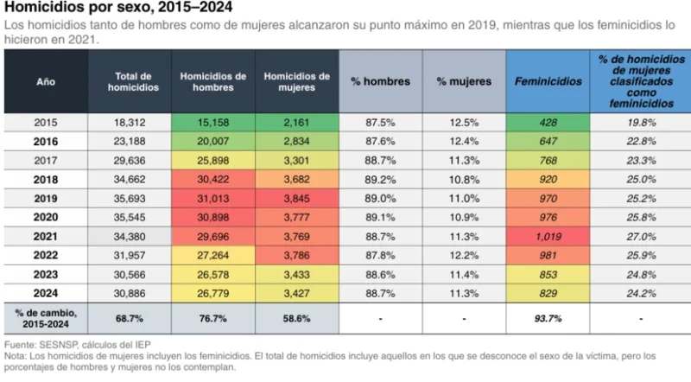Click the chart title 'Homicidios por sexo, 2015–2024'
pyautogui.click(x=103, y=10)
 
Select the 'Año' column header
pyautogui.click(x=46, y=82)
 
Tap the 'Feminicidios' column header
pyautogui.click(x=548, y=82)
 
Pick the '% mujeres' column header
pyautogui.click(x=464, y=82)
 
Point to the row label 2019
pyautogui.click(x=46, y=198)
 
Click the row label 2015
pyautogui.click(x=46, y=123)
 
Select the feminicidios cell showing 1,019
pyautogui.click(x=548, y=236)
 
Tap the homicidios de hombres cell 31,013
pyautogui.click(x=212, y=198)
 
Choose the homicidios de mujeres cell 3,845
pyautogui.click(x=296, y=198)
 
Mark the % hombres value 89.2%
pyautogui.click(x=380, y=179)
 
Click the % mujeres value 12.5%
pyautogui.click(x=464, y=123)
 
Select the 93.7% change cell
pyautogui.click(x=548, y=318)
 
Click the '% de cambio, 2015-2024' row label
pyautogui.click(x=46, y=317)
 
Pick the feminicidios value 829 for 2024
pyautogui.click(x=548, y=293)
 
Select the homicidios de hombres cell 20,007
pyautogui.click(x=212, y=141)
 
